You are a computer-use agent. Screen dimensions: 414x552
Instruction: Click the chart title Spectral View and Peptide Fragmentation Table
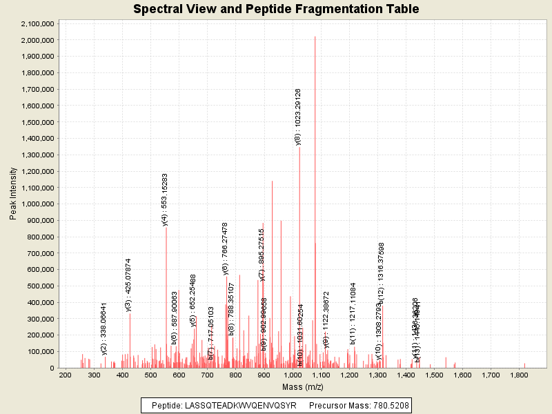(276, 9)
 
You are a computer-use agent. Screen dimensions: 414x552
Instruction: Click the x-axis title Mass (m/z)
(303, 387)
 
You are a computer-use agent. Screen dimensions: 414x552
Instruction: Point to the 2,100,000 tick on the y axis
(38, 23)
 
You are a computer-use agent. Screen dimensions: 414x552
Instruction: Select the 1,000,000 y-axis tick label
(38, 204)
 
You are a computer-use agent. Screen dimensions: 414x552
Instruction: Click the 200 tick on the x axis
(66, 375)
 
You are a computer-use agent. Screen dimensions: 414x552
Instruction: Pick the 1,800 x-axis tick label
(520, 375)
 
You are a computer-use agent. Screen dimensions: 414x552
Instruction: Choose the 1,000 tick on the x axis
(293, 375)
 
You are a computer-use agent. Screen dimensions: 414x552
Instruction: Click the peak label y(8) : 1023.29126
(298, 117)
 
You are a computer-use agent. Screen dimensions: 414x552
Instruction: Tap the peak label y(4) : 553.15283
(165, 199)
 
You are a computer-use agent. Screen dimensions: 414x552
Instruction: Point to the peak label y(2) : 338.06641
(104, 328)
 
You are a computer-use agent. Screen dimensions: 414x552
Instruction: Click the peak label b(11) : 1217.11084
(353, 313)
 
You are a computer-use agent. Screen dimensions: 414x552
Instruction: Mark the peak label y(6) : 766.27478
(226, 248)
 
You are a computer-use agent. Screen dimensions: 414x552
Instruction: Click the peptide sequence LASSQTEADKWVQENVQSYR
(241, 406)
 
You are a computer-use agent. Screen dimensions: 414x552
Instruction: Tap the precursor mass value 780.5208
(386, 406)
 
